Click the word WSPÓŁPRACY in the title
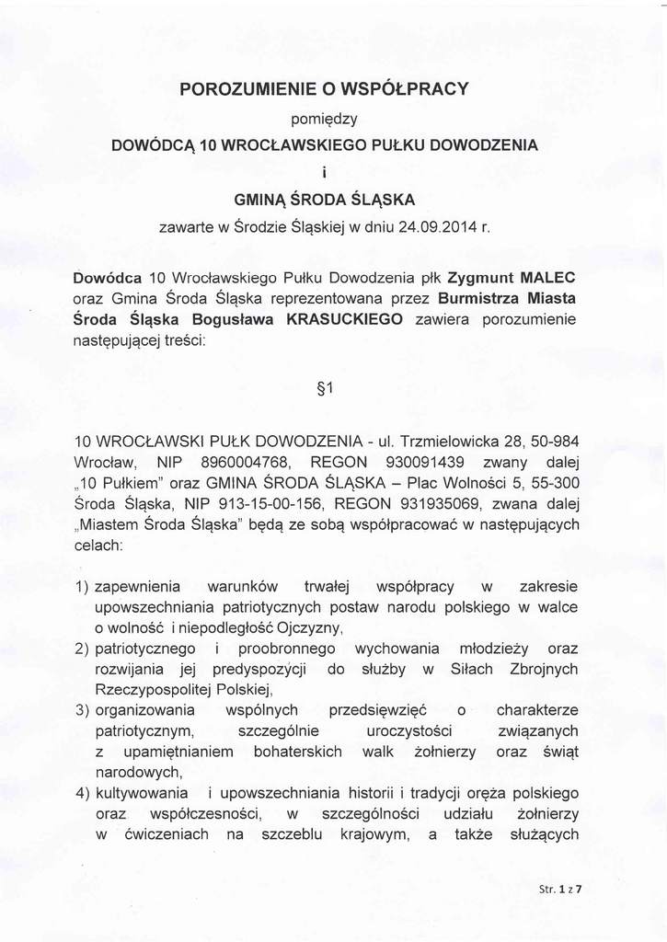pos(405,88)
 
